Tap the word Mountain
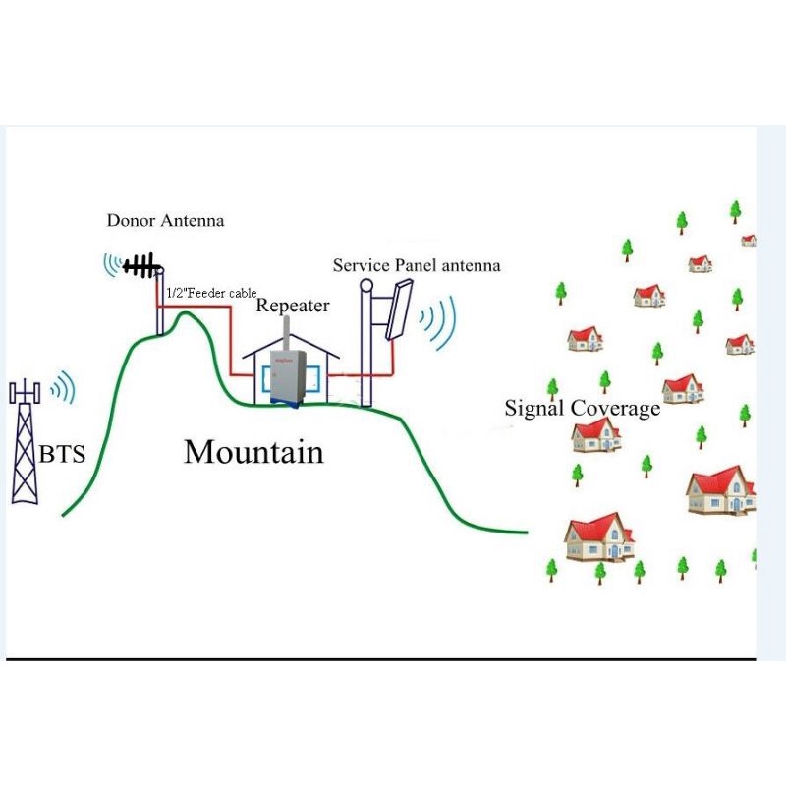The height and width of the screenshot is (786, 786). [x=253, y=452]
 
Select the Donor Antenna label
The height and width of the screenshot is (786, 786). [x=165, y=221]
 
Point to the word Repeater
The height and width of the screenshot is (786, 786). [x=293, y=306]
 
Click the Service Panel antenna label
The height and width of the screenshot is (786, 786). [x=417, y=265]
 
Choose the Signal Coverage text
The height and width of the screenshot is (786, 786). [x=582, y=409]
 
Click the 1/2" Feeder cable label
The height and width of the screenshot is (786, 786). [x=210, y=293]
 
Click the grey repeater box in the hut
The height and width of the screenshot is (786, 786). [x=285, y=372]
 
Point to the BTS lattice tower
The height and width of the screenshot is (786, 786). [x=25, y=447]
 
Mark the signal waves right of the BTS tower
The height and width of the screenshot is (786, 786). [x=64, y=388]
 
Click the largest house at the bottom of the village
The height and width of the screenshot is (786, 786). [x=599, y=536]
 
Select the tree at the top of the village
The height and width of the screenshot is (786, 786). [x=734, y=210]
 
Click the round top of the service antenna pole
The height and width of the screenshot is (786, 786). [x=366, y=286]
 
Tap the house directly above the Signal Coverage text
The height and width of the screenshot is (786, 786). [x=682, y=388]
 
